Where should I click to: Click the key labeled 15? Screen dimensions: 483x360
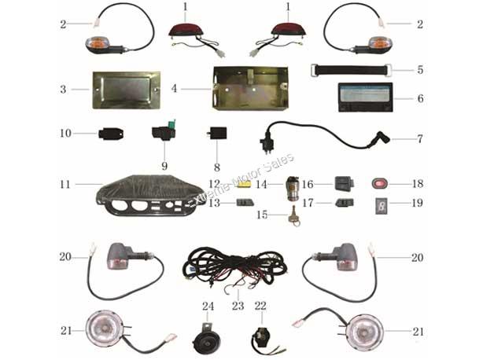[294, 216]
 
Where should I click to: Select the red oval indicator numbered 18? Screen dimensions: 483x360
[380, 184]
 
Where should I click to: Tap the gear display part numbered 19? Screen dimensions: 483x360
[381, 205]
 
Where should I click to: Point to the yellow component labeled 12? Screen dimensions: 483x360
[245, 184]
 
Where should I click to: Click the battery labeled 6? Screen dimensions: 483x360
[365, 97]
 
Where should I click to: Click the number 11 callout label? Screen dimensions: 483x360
[65, 184]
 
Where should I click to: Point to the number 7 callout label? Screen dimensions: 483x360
[420, 139]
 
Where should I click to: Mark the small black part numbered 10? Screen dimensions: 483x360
[111, 134]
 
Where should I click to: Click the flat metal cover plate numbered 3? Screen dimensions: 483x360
[127, 90]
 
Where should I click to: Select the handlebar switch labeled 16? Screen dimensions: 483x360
[345, 183]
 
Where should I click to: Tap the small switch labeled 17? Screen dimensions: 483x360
[345, 203]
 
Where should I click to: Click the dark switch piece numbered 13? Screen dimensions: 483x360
[245, 203]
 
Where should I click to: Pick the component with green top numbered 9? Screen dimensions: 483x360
[164, 131]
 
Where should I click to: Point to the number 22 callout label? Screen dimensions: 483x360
[260, 306]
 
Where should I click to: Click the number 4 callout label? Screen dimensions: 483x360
[175, 89]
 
